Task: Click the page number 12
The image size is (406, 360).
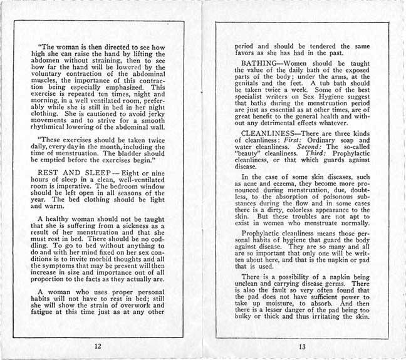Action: (98, 346)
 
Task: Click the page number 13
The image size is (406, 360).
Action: (302, 346)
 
